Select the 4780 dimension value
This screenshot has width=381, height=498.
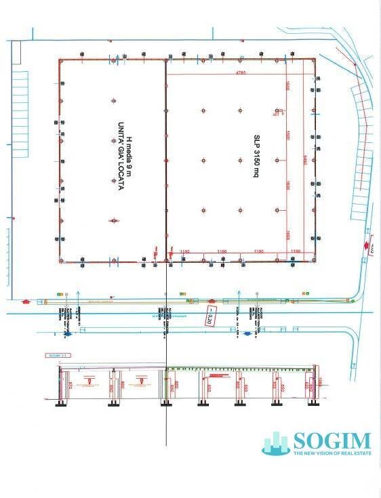(x=239, y=72)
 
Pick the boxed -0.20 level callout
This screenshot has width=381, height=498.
(x=210, y=316)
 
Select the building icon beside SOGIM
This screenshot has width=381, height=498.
(x=276, y=444)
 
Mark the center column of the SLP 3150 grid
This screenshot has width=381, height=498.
(x=239, y=161)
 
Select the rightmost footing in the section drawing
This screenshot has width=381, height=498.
(x=313, y=404)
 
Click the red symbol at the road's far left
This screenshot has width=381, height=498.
(x=26, y=299)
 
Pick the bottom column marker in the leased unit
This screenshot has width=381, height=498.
(x=114, y=220)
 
